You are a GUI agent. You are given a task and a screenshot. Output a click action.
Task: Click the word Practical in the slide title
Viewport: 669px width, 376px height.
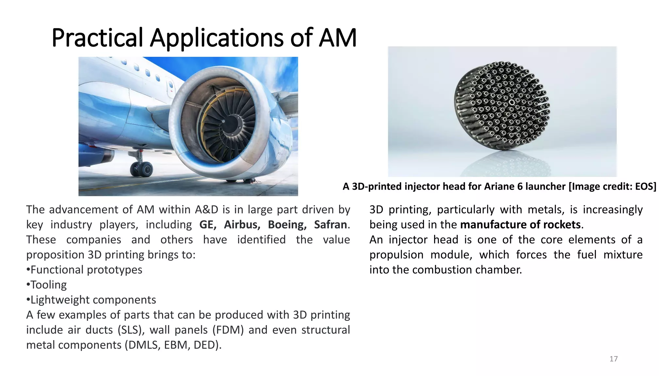[97, 38]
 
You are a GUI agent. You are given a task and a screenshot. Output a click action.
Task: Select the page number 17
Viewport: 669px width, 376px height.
[613, 359]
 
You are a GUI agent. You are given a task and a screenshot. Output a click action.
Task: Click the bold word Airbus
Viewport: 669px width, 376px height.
[242, 225]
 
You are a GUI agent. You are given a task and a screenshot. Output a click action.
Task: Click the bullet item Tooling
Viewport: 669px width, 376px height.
[48, 285]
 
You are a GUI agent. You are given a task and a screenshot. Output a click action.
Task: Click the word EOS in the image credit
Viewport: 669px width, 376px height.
[645, 186]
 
